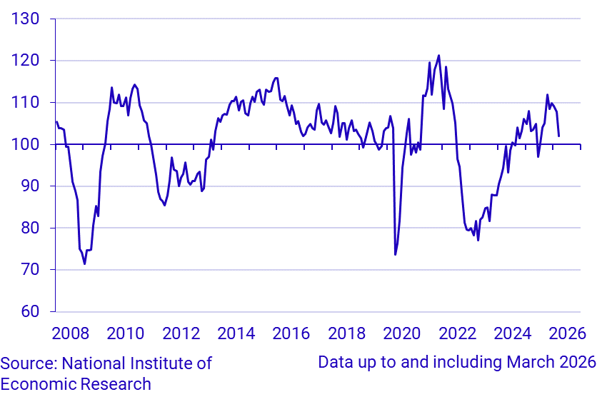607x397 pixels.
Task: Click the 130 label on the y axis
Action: [x=25, y=19]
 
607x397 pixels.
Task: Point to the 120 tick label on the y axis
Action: [x=25, y=61]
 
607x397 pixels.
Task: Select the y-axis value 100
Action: [x=25, y=144]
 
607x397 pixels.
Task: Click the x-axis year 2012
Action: [x=181, y=333]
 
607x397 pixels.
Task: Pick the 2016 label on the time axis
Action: [x=291, y=333]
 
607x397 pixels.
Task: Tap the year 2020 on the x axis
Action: [x=402, y=333]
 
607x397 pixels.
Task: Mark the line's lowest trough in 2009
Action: [x=84, y=264]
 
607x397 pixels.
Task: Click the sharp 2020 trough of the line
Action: [x=395, y=254]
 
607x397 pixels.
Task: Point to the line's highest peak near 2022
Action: [x=438, y=56]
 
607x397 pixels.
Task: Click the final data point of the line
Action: [x=558, y=136]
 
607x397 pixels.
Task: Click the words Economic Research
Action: [x=76, y=384]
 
